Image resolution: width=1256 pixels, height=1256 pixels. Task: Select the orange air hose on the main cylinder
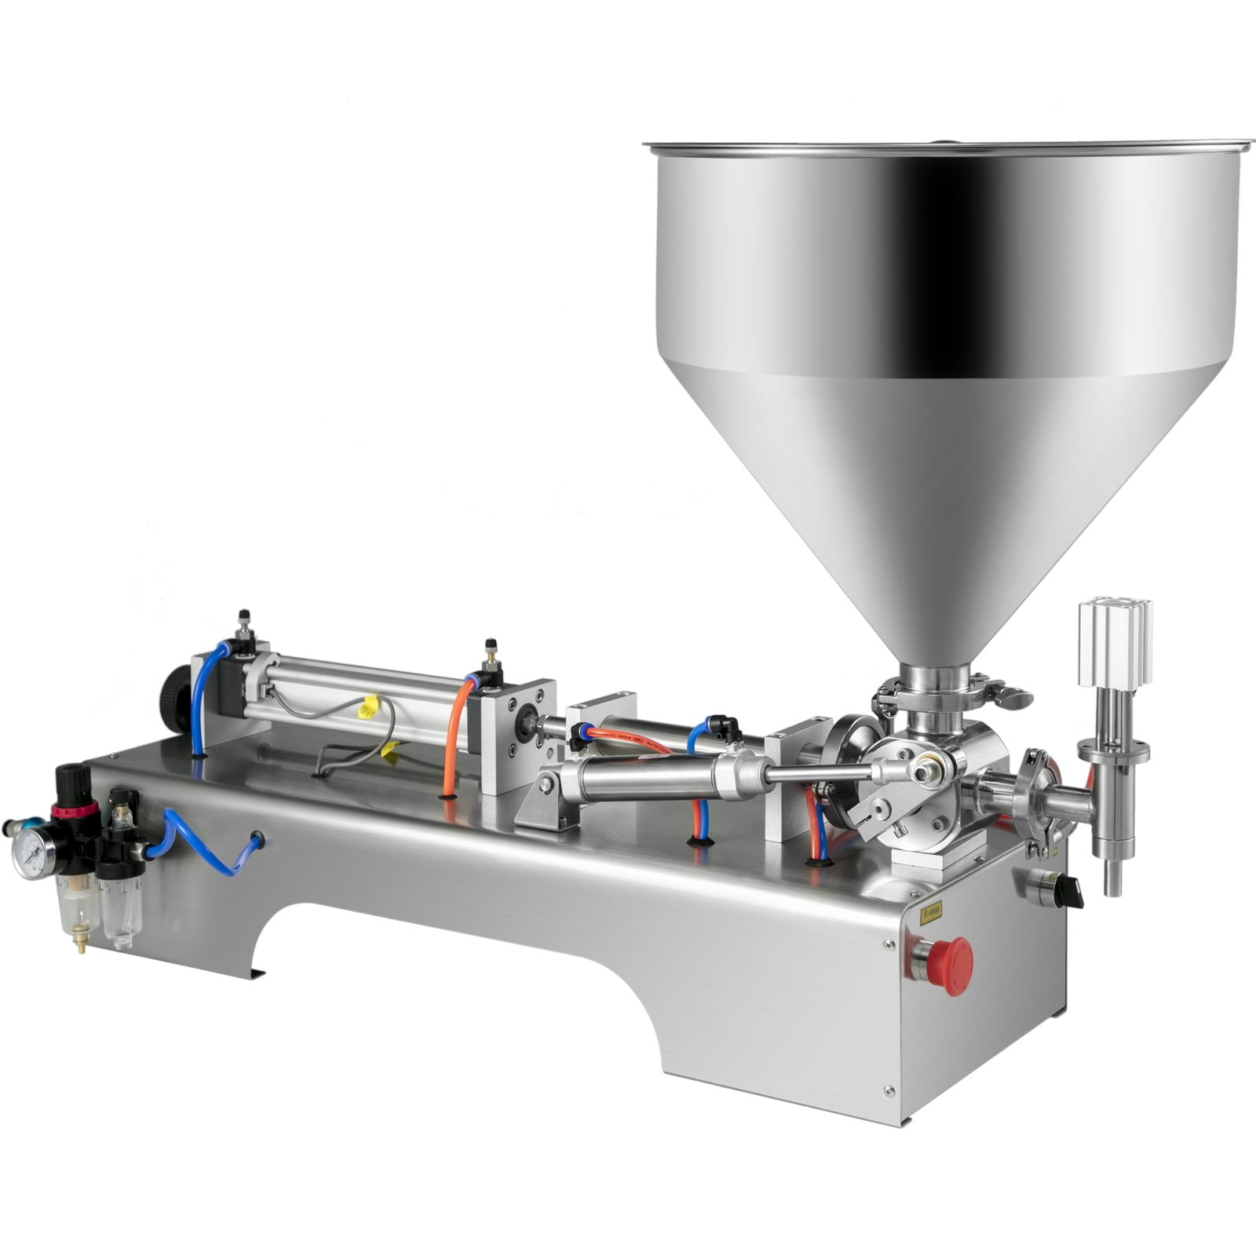453,738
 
